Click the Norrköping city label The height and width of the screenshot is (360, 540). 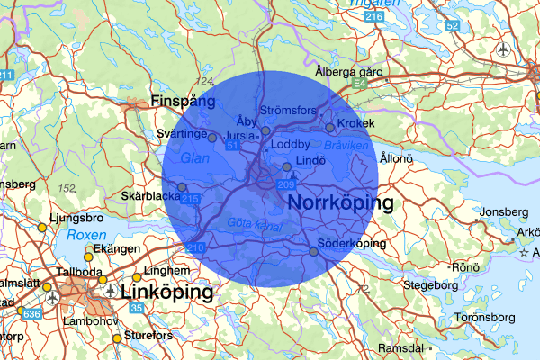[x=341, y=203]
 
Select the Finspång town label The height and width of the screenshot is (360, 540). [x=184, y=102]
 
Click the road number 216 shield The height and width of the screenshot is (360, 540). [x=375, y=17]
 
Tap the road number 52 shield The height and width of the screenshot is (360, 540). [x=452, y=24]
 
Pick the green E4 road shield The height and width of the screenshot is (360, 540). [x=360, y=83]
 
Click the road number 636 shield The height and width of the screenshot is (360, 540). [x=31, y=313]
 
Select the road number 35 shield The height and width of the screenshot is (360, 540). [x=135, y=308]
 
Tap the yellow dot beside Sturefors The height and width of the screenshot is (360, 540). [x=117, y=338]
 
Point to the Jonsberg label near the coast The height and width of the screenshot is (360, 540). [x=501, y=212]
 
